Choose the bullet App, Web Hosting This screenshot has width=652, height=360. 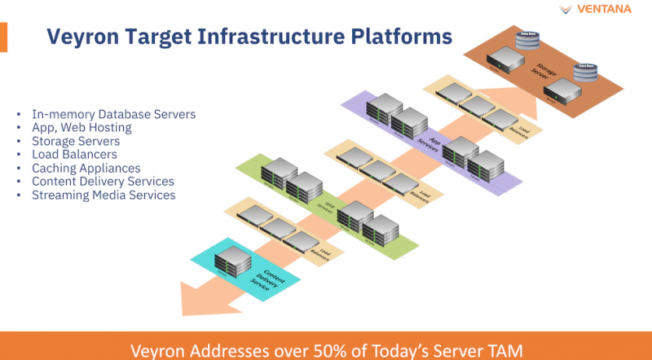click(x=81, y=128)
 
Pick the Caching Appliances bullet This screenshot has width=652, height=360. click(x=86, y=168)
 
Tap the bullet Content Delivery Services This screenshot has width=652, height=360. click(x=103, y=181)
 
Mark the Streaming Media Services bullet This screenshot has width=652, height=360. click(x=103, y=195)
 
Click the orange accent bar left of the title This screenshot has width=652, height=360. click(x=3, y=37)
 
